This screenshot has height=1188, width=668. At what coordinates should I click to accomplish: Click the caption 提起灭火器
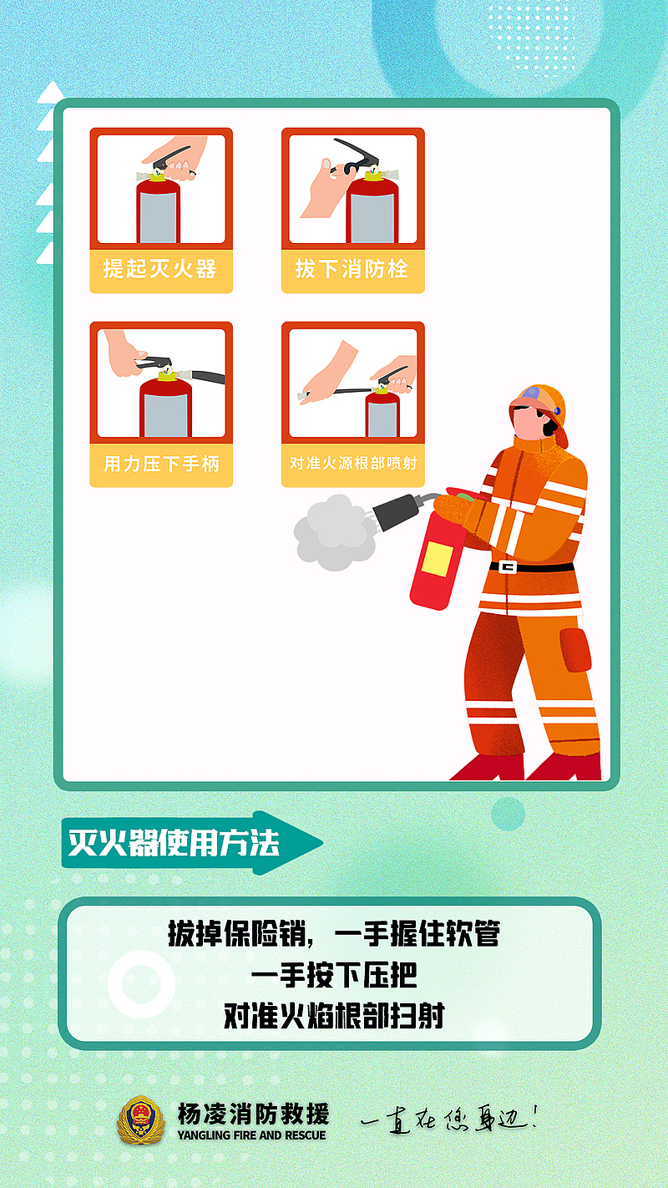pyautogui.click(x=160, y=269)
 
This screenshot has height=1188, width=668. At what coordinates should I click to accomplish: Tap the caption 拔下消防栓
pyautogui.click(x=352, y=269)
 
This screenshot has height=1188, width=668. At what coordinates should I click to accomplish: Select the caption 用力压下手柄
pyautogui.click(x=161, y=464)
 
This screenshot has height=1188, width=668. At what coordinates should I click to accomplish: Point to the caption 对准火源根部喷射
pyautogui.click(x=353, y=464)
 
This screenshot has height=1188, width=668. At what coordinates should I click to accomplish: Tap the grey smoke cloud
pyautogui.click(x=335, y=532)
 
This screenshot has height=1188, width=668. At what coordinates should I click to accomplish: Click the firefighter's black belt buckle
pyautogui.click(x=508, y=567)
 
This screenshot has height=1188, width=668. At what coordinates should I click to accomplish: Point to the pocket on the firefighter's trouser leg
pyautogui.click(x=575, y=650)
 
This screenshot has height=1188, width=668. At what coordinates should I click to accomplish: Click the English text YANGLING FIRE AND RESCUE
pyautogui.click(x=252, y=1135)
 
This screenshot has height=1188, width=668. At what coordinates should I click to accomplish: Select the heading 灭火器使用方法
pyautogui.click(x=174, y=841)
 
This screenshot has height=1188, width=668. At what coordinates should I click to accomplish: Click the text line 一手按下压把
pyautogui.click(x=334, y=975)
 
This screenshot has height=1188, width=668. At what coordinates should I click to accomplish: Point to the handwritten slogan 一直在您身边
pyautogui.click(x=449, y=1119)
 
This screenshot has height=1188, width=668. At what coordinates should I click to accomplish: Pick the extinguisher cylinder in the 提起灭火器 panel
pyautogui.click(x=159, y=210)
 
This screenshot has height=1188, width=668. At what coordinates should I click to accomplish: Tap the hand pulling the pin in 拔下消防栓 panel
pyautogui.click(x=320, y=189)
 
